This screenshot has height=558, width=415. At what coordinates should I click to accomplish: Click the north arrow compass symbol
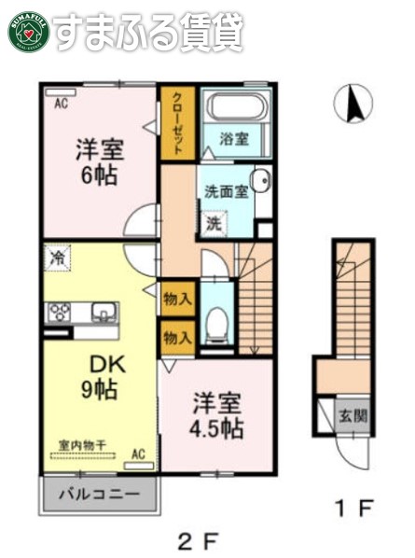[353, 103]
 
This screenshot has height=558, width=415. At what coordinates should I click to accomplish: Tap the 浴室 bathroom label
[234, 139]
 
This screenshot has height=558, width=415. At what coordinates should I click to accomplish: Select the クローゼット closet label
[176, 121]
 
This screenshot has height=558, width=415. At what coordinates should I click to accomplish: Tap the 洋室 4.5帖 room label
[217, 416]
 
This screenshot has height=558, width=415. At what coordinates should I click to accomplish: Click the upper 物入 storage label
[176, 300]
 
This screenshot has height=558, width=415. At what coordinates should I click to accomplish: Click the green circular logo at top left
[28, 32]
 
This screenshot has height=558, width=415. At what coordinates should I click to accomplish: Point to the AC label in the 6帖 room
[61, 104]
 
